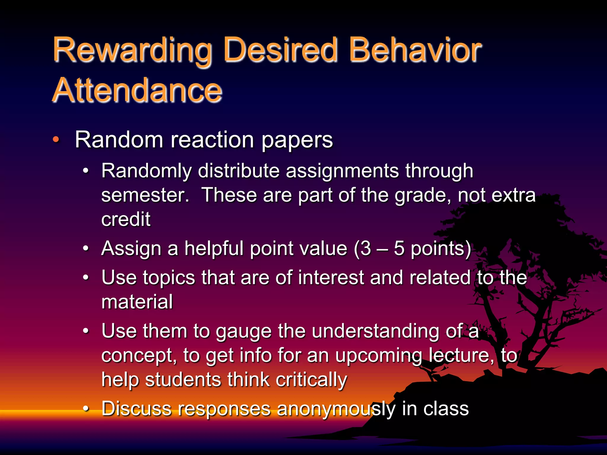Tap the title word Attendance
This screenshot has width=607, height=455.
pyautogui.click(x=137, y=90)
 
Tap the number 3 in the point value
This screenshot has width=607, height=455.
pyautogui.click(x=366, y=248)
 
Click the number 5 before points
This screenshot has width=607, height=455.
pyautogui.click(x=399, y=248)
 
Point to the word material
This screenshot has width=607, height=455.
pyautogui.click(x=137, y=302)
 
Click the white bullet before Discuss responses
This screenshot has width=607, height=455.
pyautogui.click(x=86, y=409)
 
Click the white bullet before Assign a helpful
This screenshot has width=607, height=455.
pyautogui.click(x=86, y=248)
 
